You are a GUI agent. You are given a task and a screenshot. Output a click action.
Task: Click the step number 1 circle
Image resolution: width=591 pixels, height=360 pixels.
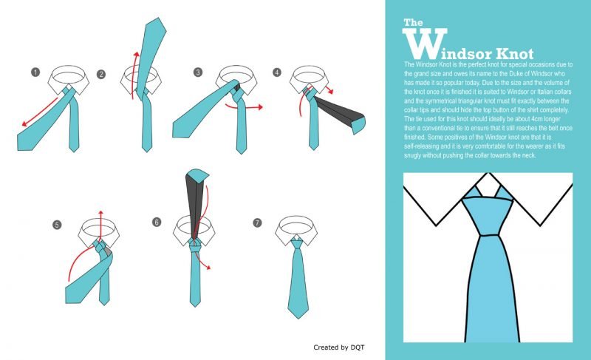click(35, 72)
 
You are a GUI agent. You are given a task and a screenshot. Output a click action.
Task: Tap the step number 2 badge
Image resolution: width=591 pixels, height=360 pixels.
click(100, 74)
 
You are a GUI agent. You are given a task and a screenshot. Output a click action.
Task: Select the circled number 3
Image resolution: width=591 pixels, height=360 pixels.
click(198, 72)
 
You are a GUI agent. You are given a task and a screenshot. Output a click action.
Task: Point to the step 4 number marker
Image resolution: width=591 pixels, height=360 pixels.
click(277, 72)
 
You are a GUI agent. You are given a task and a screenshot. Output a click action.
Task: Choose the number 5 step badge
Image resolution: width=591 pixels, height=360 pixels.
click(57, 225)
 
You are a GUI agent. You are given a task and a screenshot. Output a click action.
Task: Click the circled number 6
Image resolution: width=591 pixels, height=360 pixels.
click(157, 222)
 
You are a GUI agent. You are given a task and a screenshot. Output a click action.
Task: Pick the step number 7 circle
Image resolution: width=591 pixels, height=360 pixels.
click(257, 223)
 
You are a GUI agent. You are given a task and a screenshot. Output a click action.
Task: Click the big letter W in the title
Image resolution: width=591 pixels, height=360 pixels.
click(425, 44)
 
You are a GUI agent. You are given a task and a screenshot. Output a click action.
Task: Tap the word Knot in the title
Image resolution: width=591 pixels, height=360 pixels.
click(514, 54)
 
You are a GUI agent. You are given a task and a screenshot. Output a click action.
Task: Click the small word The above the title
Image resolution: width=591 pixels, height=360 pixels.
click(413, 23)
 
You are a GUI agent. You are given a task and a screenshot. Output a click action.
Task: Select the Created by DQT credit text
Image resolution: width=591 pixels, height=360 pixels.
click(339, 347)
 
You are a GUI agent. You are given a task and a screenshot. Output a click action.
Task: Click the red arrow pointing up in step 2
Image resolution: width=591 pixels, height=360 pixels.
click(134, 75)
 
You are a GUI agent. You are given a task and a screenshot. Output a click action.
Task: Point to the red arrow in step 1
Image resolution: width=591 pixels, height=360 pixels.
click(40, 112)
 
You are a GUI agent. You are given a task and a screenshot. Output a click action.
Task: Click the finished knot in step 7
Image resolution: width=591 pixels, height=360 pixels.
click(297, 243)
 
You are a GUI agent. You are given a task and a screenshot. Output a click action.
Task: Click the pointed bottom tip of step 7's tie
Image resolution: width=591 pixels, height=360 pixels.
click(298, 318)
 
